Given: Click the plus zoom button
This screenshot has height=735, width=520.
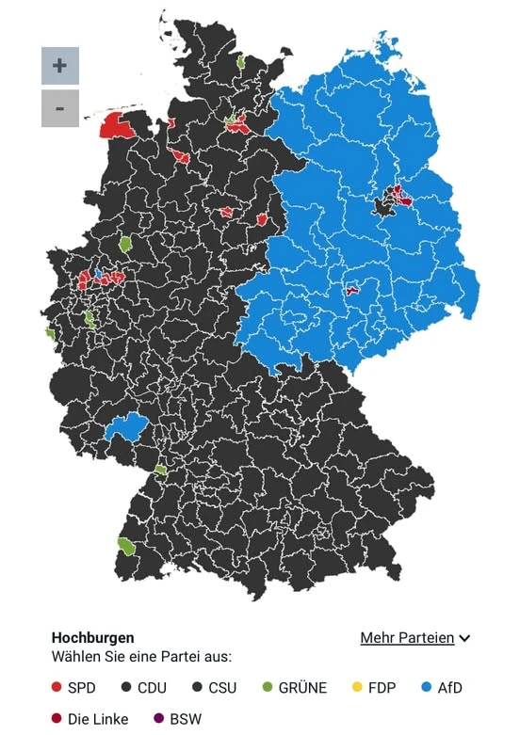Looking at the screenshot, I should pyautogui.click(x=59, y=66).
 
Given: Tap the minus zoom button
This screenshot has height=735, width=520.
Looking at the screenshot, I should pyautogui.click(x=59, y=109).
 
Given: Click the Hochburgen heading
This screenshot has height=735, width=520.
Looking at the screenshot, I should pyautogui.click(x=92, y=638).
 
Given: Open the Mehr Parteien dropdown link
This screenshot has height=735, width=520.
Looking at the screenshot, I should pyautogui.click(x=407, y=638).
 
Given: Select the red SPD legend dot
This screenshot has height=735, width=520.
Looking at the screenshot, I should pyautogui.click(x=57, y=688).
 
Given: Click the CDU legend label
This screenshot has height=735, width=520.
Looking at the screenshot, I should pyautogui.click(x=152, y=688).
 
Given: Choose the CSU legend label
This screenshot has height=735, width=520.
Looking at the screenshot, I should pyautogui.click(x=221, y=688).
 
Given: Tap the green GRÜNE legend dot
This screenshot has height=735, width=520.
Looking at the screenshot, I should pyautogui.click(x=267, y=688).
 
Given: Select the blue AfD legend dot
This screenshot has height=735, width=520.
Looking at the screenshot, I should pyautogui.click(x=426, y=688).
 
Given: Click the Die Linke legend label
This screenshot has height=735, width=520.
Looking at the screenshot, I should pyautogui.click(x=98, y=719).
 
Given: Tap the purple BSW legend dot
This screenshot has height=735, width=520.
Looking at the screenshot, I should pyautogui.click(x=158, y=719).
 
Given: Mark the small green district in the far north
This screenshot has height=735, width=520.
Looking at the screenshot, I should pyautogui.click(x=241, y=61).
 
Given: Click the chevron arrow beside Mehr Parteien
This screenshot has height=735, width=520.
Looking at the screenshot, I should pyautogui.click(x=464, y=639).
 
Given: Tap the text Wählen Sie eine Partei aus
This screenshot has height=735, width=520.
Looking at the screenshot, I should pyautogui.click(x=141, y=657).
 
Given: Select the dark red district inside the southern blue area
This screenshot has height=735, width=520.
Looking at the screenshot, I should pyautogui.click(x=353, y=290).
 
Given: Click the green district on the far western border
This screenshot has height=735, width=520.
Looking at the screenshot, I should pyautogui.click(x=50, y=333).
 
